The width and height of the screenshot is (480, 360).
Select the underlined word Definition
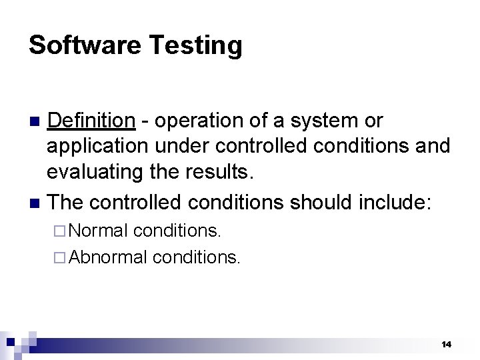point(92,121)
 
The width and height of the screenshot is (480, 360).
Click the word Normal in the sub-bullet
point(98,231)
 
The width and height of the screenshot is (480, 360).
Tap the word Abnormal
point(107,257)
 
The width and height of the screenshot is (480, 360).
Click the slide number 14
point(446,344)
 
